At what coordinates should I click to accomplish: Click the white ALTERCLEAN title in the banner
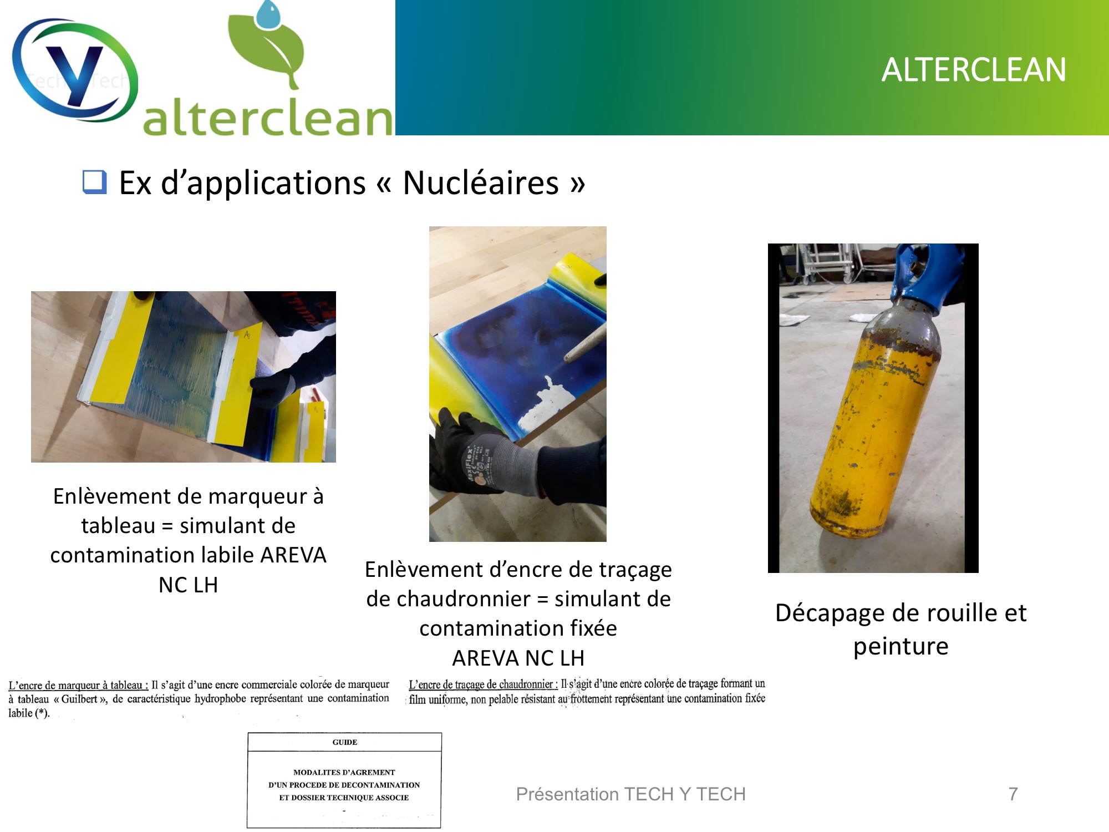(974, 70)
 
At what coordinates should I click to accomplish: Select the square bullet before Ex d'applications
(94, 182)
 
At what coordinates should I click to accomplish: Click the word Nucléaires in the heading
(480, 183)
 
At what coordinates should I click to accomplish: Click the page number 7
(1013, 794)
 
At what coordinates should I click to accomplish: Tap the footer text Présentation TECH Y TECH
(631, 794)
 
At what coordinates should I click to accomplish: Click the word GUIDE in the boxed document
(345, 742)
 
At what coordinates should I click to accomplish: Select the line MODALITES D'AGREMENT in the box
(344, 772)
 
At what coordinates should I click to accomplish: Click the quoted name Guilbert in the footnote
(79, 699)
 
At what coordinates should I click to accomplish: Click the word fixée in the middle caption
(590, 628)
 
